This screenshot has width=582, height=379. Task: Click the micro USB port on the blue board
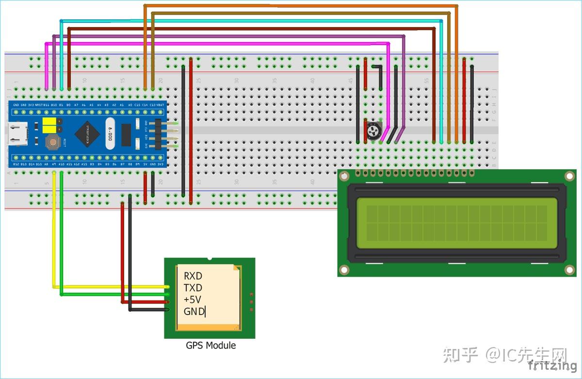(17, 134)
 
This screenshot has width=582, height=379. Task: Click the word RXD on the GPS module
(193, 276)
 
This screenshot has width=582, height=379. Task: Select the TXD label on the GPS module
(193, 288)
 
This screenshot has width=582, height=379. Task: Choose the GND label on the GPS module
(194, 312)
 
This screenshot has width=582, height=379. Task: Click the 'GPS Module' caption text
(210, 346)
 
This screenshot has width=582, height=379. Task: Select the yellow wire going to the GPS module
(54, 233)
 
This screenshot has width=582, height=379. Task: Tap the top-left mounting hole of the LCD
(344, 177)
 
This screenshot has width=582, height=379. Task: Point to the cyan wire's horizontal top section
(242, 21)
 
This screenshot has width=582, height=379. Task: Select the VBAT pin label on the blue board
(161, 105)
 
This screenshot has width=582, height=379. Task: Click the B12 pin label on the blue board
(16, 164)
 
